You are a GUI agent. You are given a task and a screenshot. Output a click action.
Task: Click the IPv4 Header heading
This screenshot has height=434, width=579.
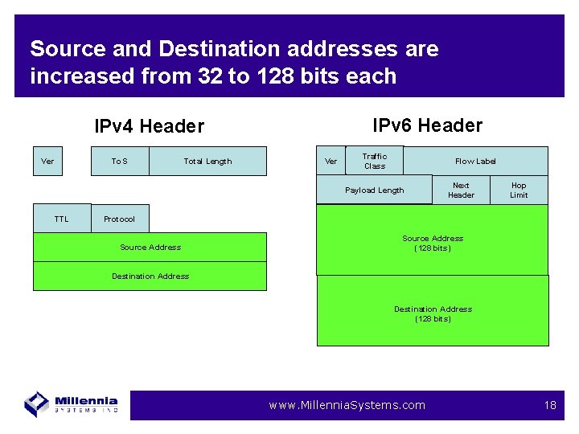(x=149, y=127)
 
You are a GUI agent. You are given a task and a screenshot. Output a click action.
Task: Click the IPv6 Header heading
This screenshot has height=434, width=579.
(x=427, y=125)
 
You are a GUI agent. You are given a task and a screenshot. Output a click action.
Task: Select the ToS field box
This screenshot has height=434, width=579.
(x=119, y=161)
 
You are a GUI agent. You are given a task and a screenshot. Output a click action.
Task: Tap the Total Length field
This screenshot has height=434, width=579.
(x=207, y=161)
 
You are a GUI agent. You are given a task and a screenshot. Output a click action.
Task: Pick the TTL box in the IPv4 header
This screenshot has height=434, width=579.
(x=62, y=219)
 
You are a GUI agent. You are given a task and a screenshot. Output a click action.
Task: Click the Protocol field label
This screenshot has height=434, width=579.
(x=119, y=219)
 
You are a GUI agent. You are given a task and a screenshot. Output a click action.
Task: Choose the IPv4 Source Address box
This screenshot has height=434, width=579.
(x=150, y=247)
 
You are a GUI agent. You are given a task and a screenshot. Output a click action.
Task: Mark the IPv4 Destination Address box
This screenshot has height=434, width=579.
(x=150, y=276)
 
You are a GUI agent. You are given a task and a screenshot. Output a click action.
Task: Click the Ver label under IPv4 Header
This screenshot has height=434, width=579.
(x=47, y=161)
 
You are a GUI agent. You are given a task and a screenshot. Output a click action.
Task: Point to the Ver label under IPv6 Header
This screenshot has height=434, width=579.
(x=331, y=162)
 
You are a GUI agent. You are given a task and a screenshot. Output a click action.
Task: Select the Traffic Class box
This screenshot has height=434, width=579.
(x=374, y=161)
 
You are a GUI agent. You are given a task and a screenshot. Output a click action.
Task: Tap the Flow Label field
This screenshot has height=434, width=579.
(x=475, y=162)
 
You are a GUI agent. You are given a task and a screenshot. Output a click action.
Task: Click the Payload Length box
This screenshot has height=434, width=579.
(x=374, y=190)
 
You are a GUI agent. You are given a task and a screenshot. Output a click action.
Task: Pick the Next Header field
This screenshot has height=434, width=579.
(x=461, y=190)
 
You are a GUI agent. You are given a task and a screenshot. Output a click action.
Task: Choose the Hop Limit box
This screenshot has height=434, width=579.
(x=519, y=190)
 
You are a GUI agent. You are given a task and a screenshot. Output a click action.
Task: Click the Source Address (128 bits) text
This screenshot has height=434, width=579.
(x=433, y=243)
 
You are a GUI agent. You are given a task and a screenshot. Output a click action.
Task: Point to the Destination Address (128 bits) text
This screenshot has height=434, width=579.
(x=433, y=313)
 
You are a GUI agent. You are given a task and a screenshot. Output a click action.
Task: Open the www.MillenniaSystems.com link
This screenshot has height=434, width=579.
(x=347, y=405)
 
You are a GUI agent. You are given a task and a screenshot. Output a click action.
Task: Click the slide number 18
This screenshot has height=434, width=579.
(x=550, y=405)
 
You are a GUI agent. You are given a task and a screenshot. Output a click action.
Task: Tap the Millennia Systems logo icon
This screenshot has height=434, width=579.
(x=37, y=403)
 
